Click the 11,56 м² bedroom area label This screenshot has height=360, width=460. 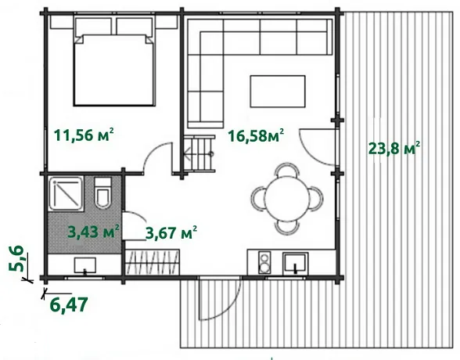[84, 135]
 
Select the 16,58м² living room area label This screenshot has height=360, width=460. [256, 135]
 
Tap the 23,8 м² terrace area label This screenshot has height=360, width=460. [394, 148]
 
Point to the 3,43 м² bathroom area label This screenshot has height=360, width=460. [94, 232]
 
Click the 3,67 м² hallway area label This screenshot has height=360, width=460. [171, 233]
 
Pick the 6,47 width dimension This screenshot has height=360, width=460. [69, 305]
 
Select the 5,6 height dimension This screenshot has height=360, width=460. [16, 258]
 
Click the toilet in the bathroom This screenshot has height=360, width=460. [102, 193]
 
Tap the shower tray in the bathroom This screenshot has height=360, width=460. [66, 193]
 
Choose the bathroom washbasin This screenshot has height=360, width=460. [84, 265]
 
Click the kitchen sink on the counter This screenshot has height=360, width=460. [296, 263]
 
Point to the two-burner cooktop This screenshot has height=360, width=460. [264, 263]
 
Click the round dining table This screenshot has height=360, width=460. [287, 199]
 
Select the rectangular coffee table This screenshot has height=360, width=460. [278, 92]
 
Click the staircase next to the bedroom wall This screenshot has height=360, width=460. [199, 153]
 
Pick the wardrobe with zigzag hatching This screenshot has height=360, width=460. [153, 262]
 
